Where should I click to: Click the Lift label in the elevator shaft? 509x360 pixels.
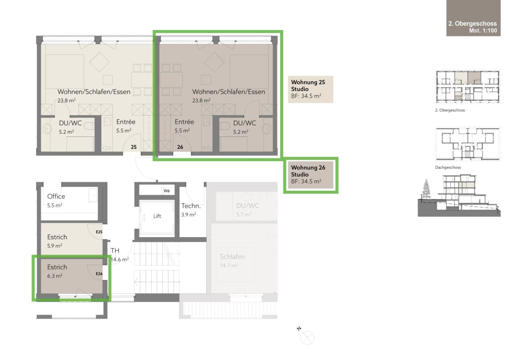[x=157, y=216]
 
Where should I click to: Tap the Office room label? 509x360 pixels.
[x=56, y=196]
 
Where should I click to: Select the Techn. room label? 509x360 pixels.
[x=191, y=206]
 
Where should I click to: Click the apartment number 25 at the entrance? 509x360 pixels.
[x=134, y=147]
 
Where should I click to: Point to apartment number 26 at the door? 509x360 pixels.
[x=180, y=147]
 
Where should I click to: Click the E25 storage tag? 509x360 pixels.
[x=99, y=232]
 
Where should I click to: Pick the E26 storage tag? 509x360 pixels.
[x=99, y=274]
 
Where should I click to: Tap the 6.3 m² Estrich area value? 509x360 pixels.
[x=54, y=276]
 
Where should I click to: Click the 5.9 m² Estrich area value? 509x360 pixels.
[x=54, y=246]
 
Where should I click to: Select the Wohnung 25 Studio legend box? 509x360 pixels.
[x=311, y=90]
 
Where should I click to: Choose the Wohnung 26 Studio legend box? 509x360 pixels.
[x=311, y=175]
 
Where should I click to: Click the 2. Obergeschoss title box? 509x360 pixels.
[x=473, y=18]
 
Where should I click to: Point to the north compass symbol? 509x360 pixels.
[x=307, y=337]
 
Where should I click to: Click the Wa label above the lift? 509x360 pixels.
[x=166, y=191]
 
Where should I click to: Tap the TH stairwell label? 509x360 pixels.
[x=115, y=251]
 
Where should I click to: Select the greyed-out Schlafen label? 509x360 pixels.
[x=232, y=256]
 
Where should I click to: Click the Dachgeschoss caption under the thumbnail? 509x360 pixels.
[x=448, y=167]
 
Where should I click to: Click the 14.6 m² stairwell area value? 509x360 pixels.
[x=120, y=260]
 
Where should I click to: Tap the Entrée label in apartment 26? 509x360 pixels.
[x=184, y=122]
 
